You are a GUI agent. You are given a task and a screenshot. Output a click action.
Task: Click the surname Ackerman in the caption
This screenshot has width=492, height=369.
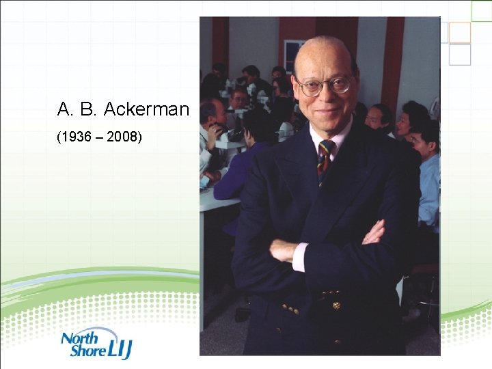tap(146, 109)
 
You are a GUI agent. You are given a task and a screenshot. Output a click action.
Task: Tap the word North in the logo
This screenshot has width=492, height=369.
tap(80, 338)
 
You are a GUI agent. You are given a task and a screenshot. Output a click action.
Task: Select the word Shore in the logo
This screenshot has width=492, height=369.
tap(86, 351)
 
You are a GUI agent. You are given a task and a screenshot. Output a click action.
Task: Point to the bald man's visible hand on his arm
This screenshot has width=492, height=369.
tap(374, 233)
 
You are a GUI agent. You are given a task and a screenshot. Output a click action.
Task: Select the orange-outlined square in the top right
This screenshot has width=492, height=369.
tap(460, 32)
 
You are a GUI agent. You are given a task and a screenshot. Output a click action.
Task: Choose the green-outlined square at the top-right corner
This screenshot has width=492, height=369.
tap(481, 10)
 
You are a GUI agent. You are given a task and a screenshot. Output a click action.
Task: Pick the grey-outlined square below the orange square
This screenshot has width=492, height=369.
tap(460, 55)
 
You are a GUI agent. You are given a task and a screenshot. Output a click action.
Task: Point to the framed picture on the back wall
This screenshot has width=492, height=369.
tap(293, 55)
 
